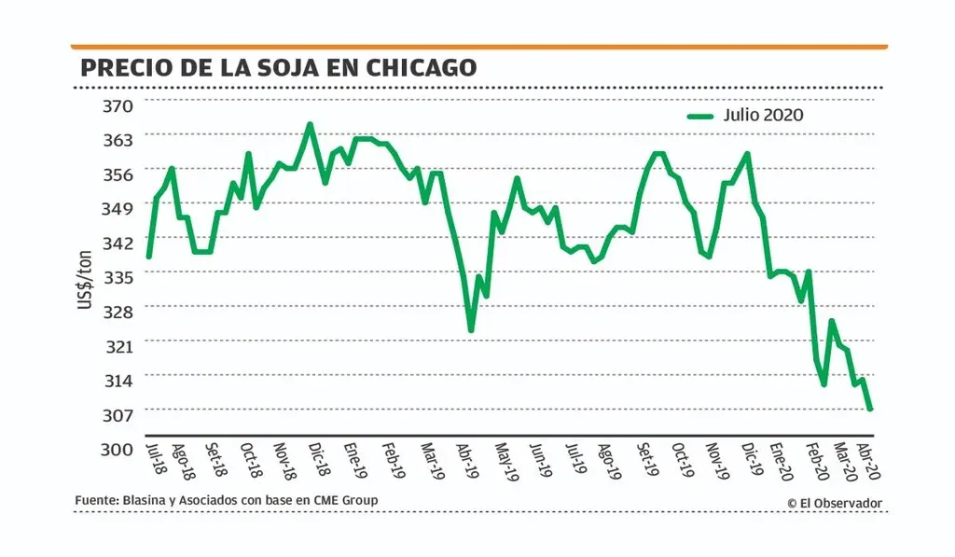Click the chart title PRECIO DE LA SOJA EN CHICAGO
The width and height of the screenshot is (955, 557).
(278, 67)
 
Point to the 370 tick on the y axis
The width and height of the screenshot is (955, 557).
(118, 105)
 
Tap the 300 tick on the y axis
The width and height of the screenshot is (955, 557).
(118, 449)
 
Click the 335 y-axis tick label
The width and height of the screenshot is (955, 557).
(118, 277)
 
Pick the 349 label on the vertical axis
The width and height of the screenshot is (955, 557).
(118, 208)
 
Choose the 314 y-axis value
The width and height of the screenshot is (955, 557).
(118, 380)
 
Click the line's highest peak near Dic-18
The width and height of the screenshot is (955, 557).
(310, 124)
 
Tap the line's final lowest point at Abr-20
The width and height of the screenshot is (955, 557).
(870, 409)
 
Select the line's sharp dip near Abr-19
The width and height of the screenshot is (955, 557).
(471, 329)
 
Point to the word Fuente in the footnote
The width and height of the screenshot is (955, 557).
(96, 501)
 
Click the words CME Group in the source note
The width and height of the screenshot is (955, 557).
(347, 501)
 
